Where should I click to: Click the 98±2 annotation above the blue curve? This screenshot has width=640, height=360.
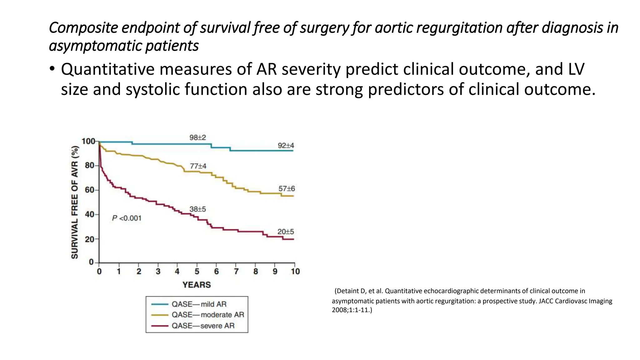[x=197, y=137]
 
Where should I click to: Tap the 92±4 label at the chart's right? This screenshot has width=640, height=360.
[x=286, y=146]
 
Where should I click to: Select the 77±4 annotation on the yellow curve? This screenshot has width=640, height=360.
[x=198, y=166]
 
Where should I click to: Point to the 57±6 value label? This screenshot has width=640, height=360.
[x=287, y=189]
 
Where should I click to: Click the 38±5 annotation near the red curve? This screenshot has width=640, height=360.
[x=197, y=209]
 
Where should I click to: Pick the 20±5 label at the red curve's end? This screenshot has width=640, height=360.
[x=286, y=232]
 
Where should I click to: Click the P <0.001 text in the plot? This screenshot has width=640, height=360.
[x=127, y=218]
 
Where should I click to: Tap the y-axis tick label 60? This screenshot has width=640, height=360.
[x=89, y=190]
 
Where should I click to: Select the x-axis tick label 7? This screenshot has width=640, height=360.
[x=236, y=272]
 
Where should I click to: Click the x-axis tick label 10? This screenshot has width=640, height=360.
[x=295, y=272]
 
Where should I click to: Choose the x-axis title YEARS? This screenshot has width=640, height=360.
[x=197, y=285]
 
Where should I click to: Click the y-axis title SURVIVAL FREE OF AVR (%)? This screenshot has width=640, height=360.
[x=75, y=202]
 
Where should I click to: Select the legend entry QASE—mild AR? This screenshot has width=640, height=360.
[x=199, y=304]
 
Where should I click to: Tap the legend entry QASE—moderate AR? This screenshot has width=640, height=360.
[x=207, y=315]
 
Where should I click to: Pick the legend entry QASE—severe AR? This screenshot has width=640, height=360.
[x=203, y=326]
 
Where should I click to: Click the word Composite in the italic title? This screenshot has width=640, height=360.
[x=83, y=28]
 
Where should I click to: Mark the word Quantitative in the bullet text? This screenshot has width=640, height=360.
[x=107, y=69]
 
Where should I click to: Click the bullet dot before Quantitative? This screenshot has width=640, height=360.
[x=52, y=69]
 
